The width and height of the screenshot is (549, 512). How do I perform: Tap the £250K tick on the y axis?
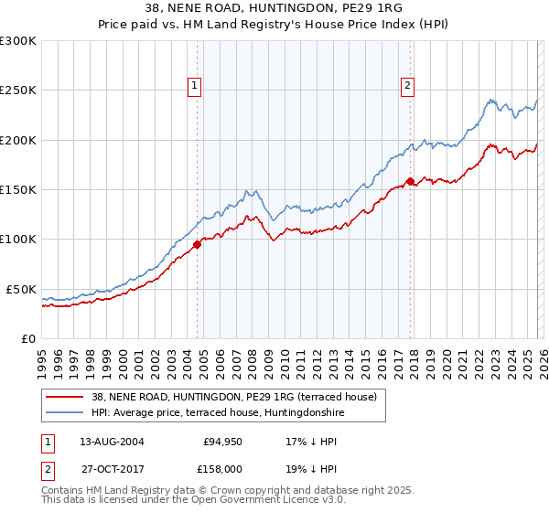pos(18,91)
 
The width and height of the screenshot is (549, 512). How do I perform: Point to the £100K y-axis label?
pos(18,240)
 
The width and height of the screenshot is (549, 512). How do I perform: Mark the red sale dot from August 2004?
pos(197,244)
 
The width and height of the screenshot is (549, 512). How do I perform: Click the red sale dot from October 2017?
pos(410,181)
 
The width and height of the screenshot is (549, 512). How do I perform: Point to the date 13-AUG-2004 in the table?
pos(112,441)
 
